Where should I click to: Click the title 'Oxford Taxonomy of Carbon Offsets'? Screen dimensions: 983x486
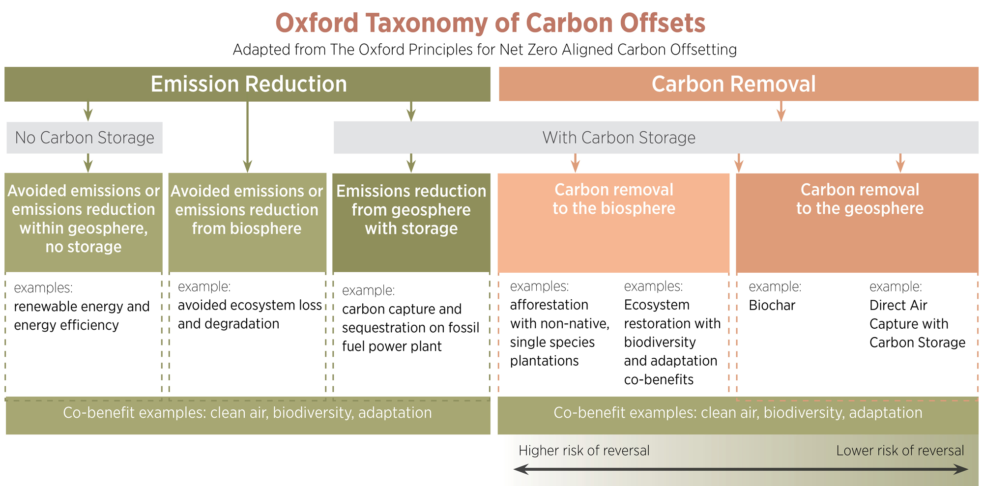[490, 23]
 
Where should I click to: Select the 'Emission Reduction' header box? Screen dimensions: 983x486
[247, 84]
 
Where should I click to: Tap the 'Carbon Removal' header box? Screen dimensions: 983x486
[738, 84]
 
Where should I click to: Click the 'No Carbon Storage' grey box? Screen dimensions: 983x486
[85, 138]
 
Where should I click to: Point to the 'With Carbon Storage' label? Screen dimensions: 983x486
[619, 138]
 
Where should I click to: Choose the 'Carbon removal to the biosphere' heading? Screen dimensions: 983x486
[614, 199]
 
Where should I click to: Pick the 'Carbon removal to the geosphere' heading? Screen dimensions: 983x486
[860, 199]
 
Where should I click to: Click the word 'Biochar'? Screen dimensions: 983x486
[772, 305]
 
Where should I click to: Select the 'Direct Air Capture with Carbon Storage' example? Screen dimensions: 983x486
[917, 324]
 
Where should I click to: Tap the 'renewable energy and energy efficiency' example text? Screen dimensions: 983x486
[82, 315]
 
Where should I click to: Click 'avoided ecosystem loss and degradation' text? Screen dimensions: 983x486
[250, 314]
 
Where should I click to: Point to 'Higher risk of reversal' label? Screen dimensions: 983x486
[584, 451]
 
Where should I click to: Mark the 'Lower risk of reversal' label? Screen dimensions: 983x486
[900, 451]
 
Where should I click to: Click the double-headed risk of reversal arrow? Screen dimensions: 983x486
[741, 469]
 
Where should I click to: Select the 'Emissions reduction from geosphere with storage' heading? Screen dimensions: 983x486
[411, 210]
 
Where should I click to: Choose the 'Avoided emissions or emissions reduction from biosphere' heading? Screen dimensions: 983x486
[247, 210]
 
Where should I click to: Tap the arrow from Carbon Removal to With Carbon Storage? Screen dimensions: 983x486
[781, 112]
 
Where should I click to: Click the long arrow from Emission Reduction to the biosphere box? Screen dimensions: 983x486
[247, 137]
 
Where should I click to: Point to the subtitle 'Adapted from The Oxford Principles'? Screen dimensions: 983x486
[485, 50]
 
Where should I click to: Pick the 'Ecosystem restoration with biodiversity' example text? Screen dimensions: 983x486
[672, 323]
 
